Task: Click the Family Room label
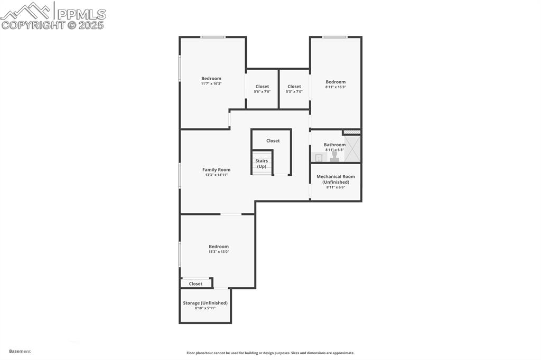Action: [216, 169]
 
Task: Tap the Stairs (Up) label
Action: [262, 164]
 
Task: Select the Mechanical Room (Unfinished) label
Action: [335, 179]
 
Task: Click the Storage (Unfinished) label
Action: [205, 303]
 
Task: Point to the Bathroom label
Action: [334, 145]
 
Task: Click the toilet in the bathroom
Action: [334, 157]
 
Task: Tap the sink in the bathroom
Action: [319, 157]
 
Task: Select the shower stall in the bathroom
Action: [353, 149]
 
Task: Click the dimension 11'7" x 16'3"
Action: [211, 83]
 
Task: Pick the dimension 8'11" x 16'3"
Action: [335, 87]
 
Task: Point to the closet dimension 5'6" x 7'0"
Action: [262, 92]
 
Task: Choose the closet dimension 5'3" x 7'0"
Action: [294, 92]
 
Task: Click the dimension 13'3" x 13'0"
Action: [218, 252]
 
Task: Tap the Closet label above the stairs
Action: [273, 140]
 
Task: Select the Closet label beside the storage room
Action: [195, 283]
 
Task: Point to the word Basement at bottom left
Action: [20, 351]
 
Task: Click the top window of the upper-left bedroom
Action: [213, 37]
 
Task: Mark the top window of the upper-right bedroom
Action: [335, 37]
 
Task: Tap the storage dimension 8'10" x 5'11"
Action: [205, 308]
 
